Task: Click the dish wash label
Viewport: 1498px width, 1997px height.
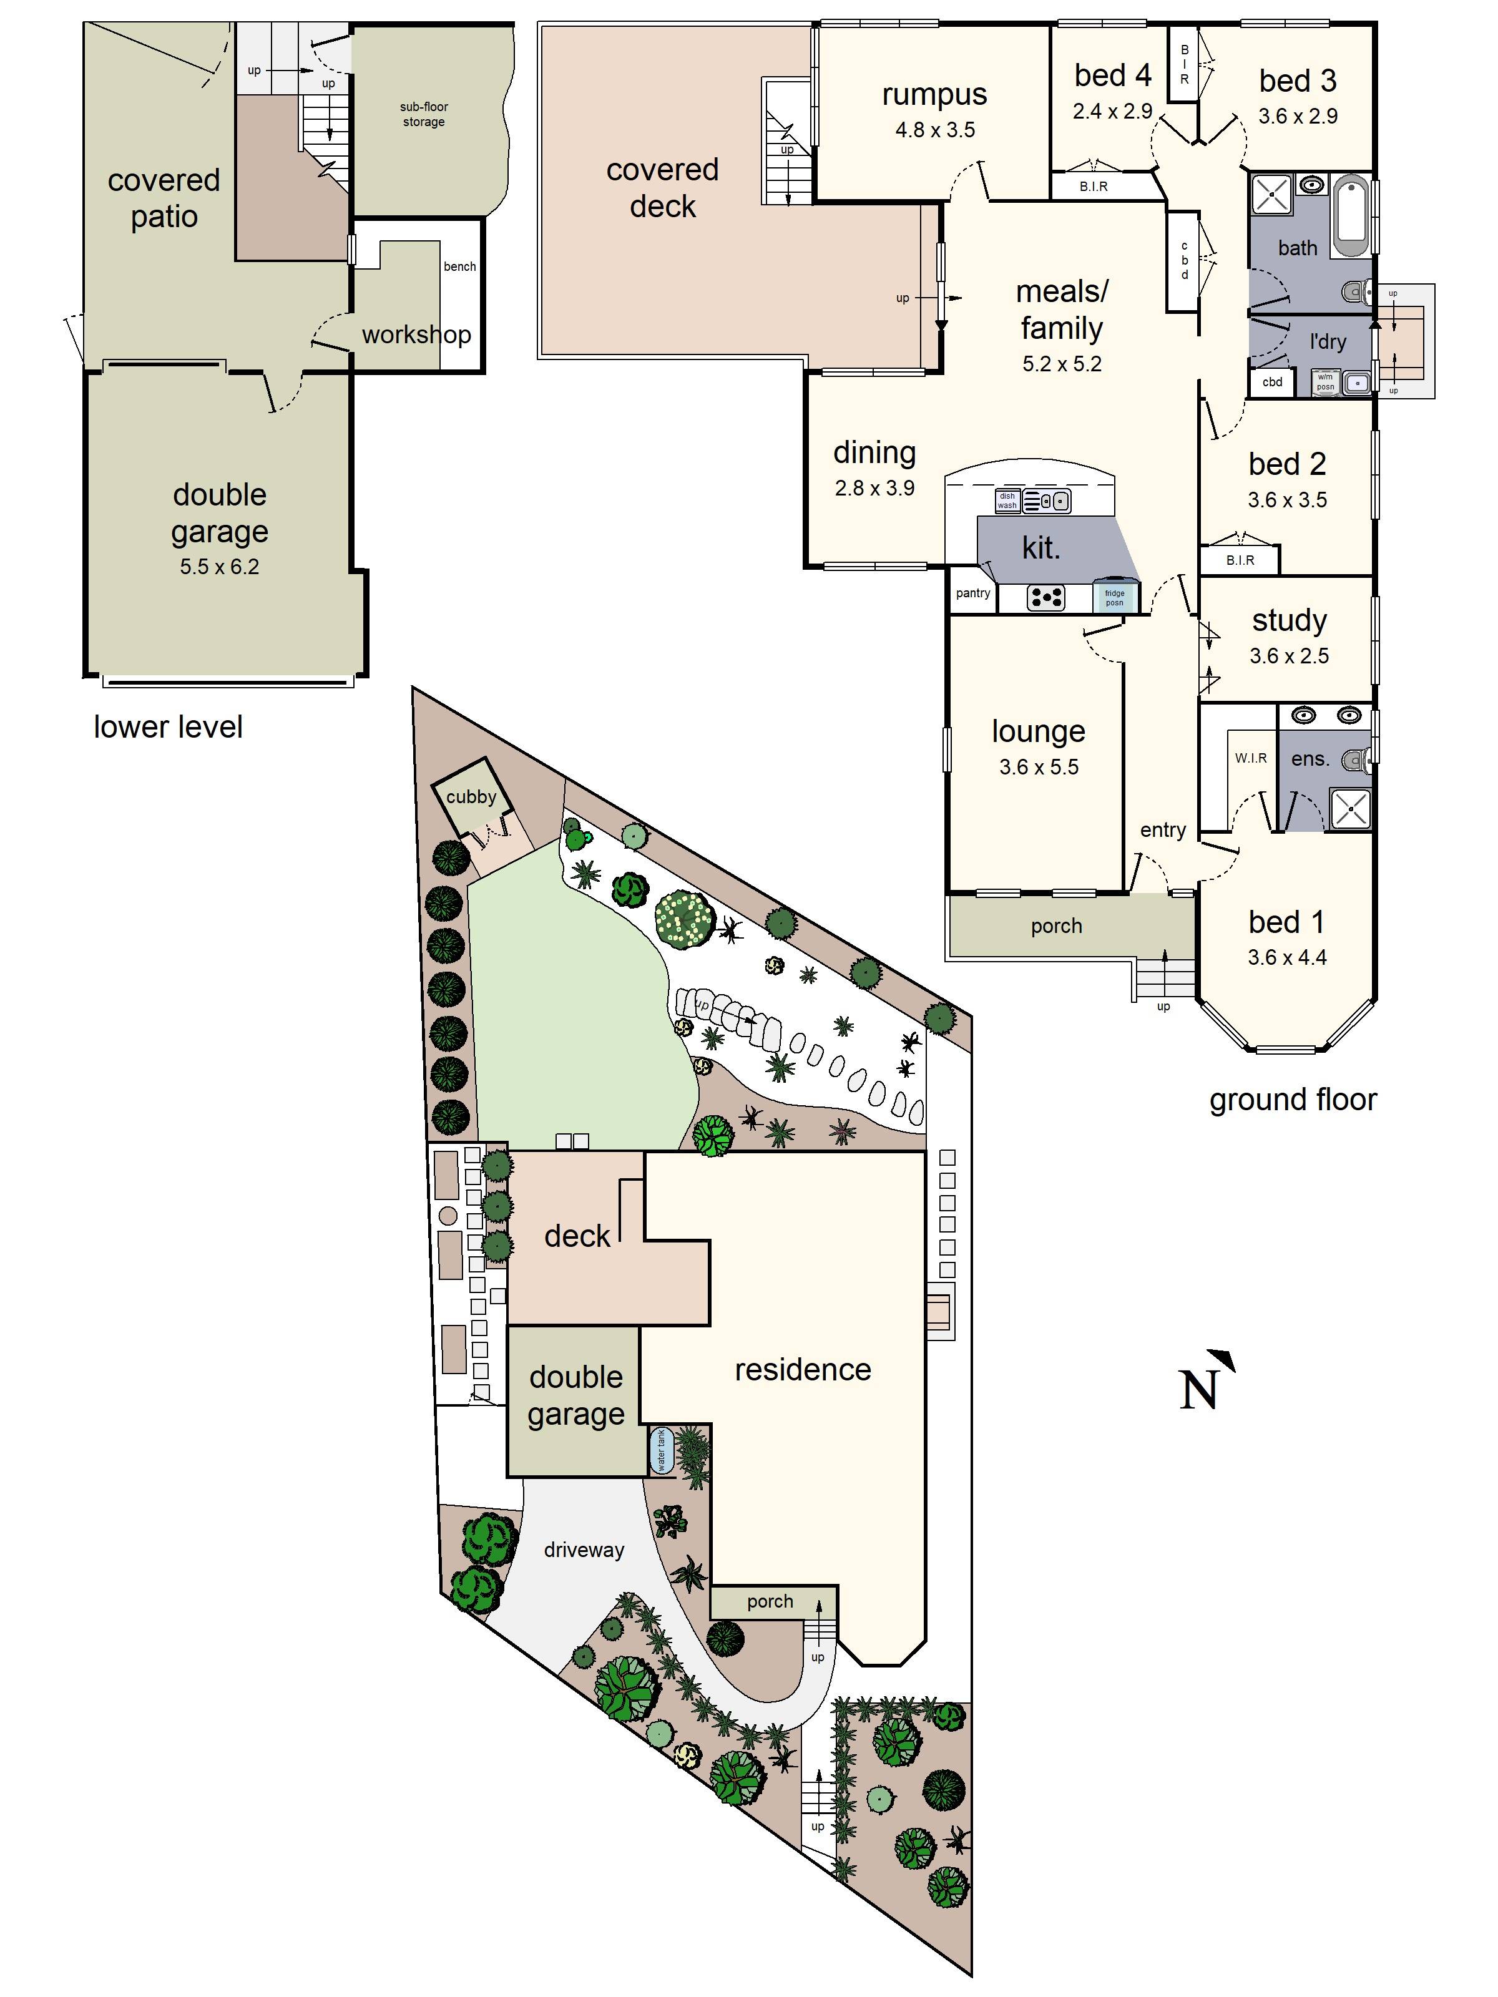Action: click(1007, 500)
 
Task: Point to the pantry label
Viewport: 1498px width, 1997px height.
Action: click(972, 593)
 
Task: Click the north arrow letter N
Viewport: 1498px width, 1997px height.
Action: click(1198, 1390)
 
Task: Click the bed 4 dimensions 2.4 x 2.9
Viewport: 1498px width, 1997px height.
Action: click(1112, 111)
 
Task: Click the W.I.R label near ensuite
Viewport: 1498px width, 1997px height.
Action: click(1251, 758)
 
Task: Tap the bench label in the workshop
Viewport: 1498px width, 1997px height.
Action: click(459, 266)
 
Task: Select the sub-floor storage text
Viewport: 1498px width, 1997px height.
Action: click(423, 114)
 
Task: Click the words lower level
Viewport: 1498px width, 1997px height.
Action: click(168, 728)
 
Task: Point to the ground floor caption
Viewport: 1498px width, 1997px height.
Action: click(1292, 1100)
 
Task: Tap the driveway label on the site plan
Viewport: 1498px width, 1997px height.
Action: click(584, 1550)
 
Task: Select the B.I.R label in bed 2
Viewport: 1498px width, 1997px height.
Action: click(1240, 560)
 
